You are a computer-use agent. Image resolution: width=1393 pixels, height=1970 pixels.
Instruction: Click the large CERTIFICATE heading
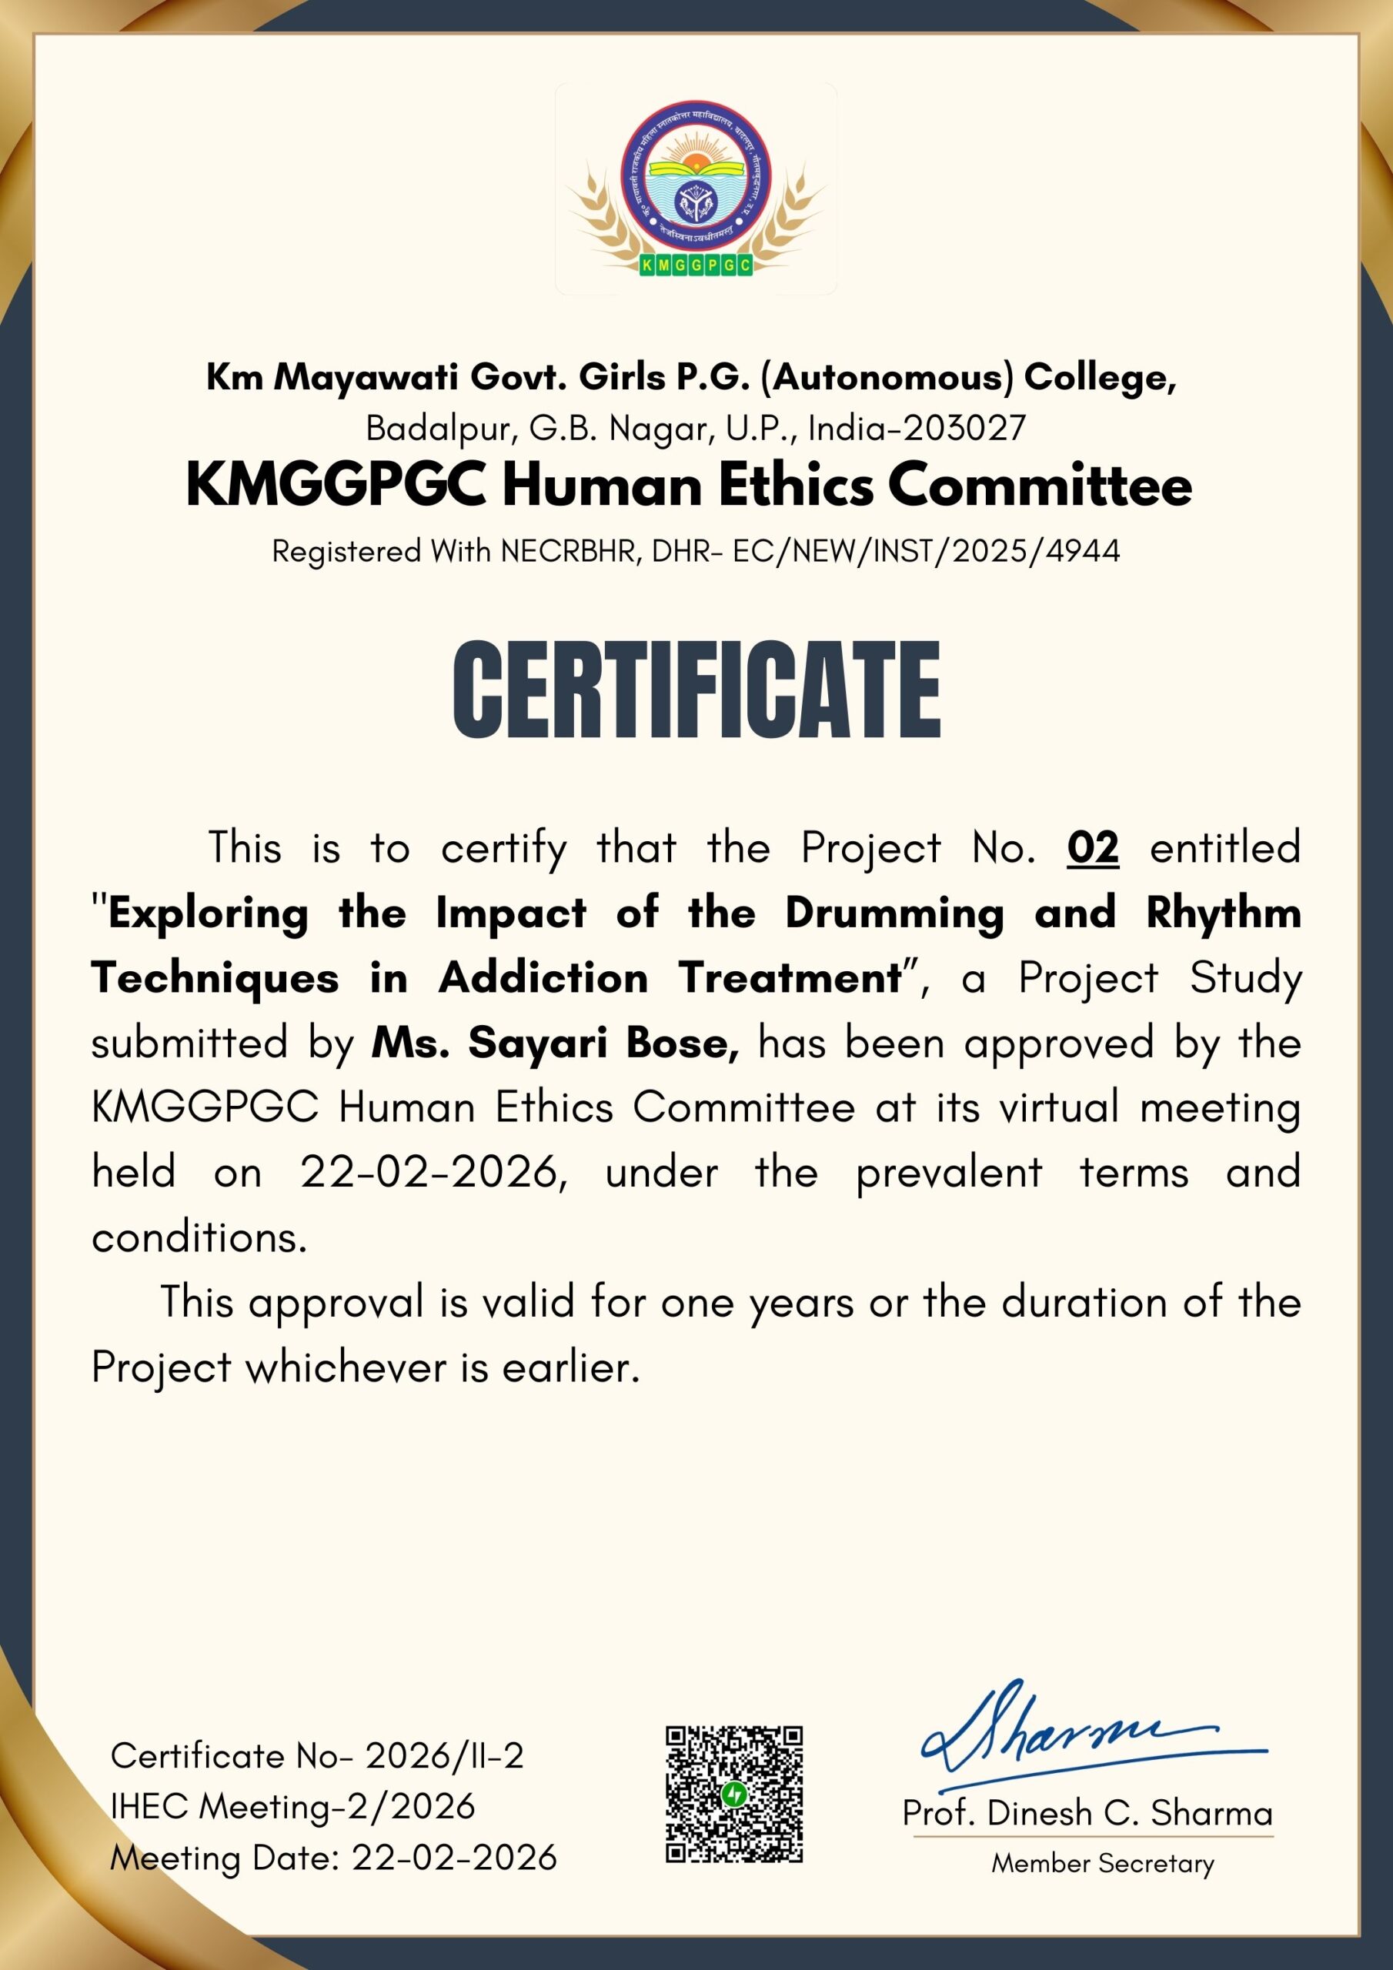696,689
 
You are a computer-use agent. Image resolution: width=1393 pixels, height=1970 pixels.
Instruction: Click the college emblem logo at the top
696,191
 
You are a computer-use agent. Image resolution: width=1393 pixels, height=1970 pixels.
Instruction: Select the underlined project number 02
1093,848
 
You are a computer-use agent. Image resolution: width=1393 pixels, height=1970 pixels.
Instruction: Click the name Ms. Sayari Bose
554,1043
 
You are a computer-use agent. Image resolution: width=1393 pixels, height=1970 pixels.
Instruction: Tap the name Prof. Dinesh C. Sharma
1087,1813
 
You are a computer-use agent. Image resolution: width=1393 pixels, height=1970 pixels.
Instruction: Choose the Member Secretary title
1103,1863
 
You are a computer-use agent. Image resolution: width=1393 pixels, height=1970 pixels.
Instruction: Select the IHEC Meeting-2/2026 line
292,1806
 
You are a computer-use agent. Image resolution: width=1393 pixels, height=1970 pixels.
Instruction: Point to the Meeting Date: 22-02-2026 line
333,1858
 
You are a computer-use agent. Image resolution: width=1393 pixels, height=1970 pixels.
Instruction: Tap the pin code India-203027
917,427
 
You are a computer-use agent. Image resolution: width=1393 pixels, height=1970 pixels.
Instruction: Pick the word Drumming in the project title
894,913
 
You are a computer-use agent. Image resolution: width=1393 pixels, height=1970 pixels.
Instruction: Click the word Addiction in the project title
543,978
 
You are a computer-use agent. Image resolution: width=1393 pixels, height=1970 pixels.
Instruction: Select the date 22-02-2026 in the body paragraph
433,1173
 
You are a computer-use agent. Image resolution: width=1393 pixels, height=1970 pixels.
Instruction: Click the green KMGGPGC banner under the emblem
696,266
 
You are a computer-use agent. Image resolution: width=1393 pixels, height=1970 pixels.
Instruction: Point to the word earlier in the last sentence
571,1367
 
